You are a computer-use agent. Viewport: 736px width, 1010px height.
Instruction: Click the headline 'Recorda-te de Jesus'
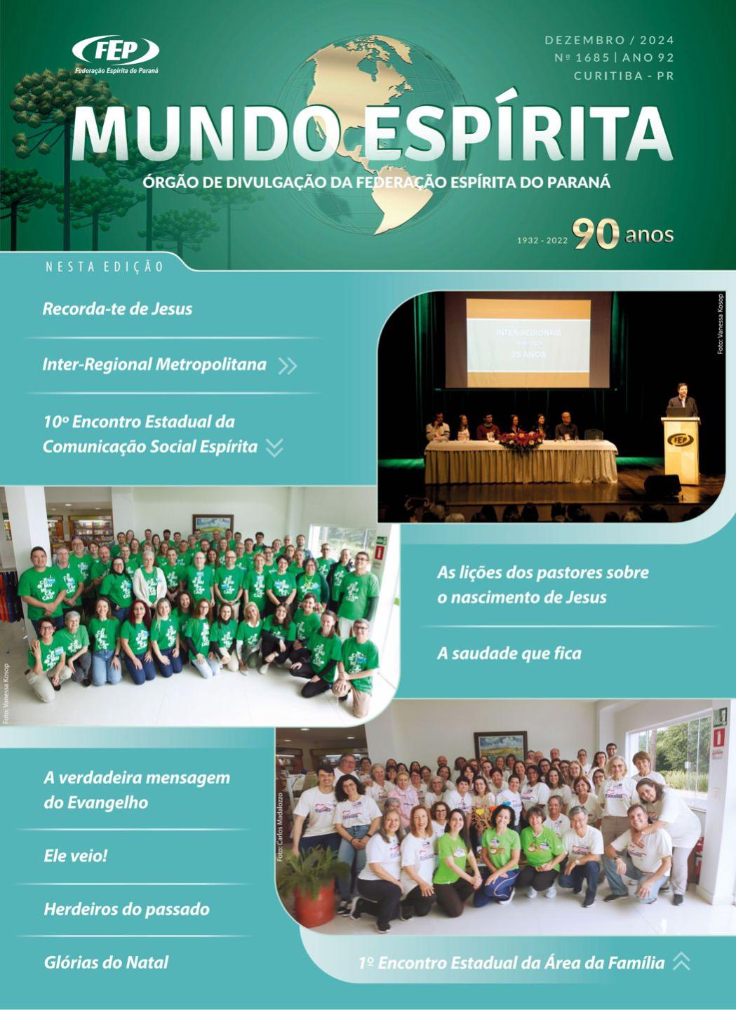(117, 309)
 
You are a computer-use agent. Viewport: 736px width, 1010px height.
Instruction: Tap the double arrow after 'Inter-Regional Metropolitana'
(288, 365)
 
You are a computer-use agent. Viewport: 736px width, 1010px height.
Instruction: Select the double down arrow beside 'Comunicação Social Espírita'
(275, 447)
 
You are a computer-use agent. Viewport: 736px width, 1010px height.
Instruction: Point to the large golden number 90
(596, 234)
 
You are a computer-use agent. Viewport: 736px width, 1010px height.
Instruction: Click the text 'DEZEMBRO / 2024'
(609, 41)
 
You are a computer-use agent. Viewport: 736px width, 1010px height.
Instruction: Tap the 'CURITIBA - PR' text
(623, 76)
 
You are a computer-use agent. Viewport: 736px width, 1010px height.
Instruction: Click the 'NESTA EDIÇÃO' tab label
(105, 267)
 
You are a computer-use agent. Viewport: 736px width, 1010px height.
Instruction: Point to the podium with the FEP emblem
(680, 449)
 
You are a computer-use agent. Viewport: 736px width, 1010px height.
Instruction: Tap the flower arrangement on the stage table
(521, 440)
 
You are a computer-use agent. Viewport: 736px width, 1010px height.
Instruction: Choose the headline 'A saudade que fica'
(509, 654)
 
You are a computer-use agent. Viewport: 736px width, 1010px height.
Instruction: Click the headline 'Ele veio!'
(75, 856)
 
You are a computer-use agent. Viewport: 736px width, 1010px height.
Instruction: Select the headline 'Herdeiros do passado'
(126, 910)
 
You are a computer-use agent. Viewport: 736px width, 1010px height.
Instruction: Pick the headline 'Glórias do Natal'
(106, 962)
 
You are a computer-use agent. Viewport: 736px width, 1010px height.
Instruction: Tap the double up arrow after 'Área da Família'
(681, 962)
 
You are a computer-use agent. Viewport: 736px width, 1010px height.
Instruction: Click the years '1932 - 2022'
(542, 240)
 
